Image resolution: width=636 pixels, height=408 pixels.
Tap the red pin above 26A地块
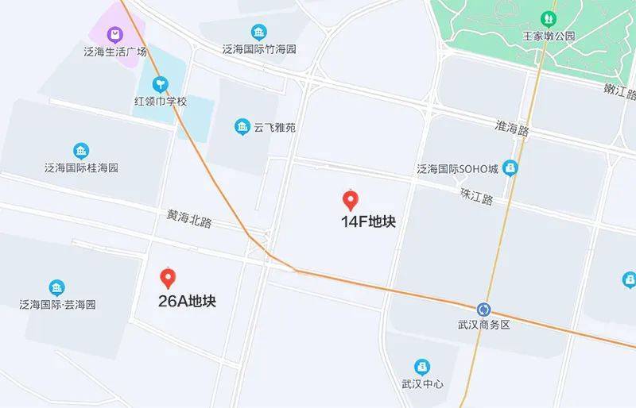click(x=168, y=278)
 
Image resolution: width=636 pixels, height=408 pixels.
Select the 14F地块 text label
click(x=368, y=222)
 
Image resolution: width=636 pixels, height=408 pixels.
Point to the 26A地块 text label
click(x=188, y=302)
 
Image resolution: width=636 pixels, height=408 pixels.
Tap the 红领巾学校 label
click(x=160, y=102)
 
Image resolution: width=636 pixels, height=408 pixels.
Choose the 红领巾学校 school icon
click(x=161, y=83)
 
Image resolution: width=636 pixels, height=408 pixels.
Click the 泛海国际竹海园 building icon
click(x=259, y=32)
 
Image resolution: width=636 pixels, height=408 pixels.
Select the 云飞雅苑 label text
click(x=274, y=127)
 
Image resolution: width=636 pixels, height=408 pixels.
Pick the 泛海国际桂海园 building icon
click(x=80, y=151)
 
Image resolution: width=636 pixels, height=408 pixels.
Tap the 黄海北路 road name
click(x=189, y=218)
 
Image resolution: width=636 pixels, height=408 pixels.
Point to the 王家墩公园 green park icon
click(x=548, y=18)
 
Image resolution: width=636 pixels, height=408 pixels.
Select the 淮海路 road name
click(x=512, y=128)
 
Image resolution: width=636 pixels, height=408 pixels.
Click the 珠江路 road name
click(x=477, y=195)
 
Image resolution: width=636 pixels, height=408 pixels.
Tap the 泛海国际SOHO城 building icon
click(x=511, y=167)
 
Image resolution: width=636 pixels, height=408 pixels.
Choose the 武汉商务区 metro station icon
click(x=484, y=309)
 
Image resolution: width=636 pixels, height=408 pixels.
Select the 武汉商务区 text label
click(x=483, y=325)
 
